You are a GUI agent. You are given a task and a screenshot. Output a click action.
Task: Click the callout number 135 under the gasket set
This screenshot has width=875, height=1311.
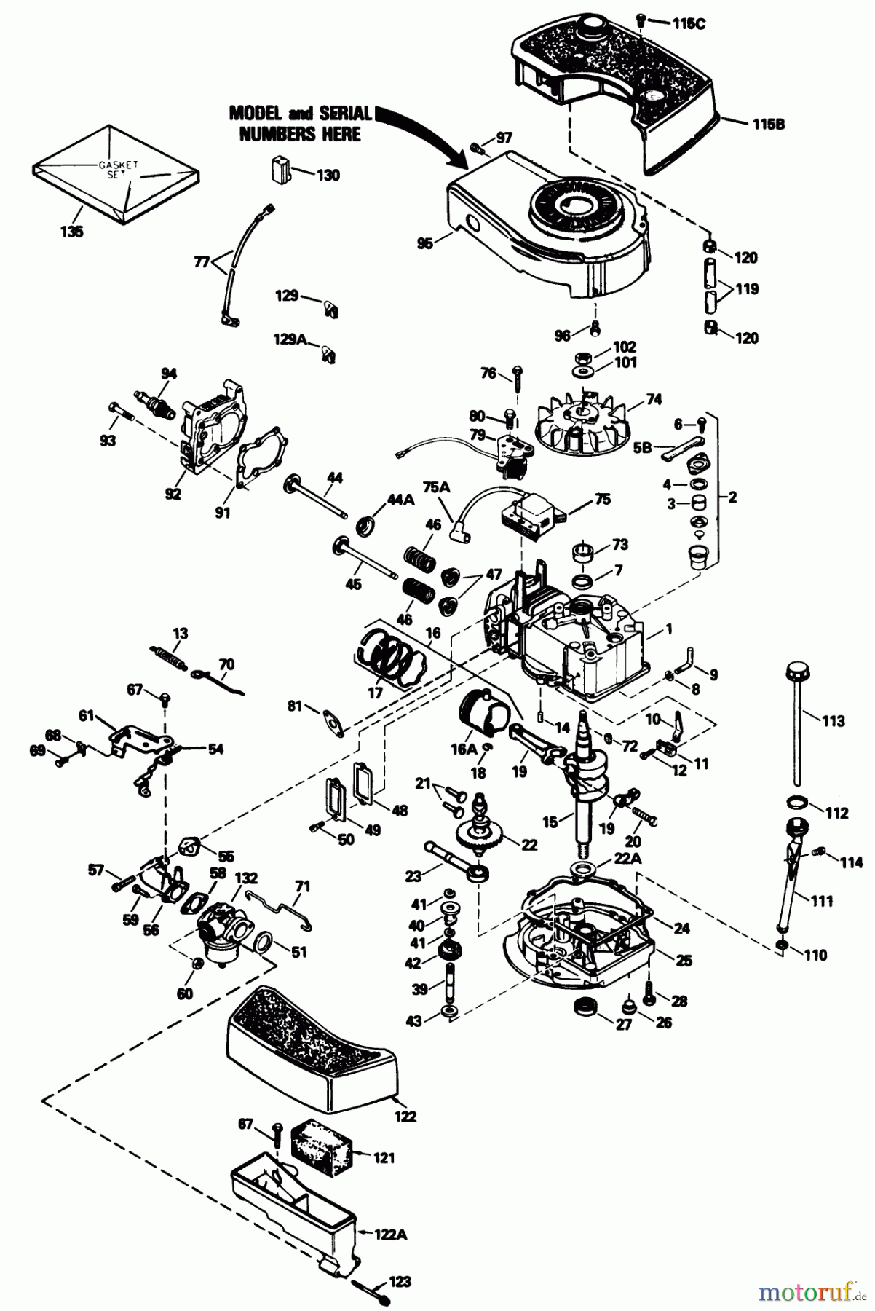click(x=72, y=232)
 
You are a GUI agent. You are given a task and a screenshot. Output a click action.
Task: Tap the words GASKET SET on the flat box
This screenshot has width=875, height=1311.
click(x=114, y=171)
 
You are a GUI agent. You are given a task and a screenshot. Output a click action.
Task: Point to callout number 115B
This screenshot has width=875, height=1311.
click(x=769, y=124)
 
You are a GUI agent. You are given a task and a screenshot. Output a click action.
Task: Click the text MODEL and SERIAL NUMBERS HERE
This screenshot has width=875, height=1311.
click(x=300, y=124)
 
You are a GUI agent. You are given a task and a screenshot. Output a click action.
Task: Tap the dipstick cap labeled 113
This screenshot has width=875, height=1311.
click(x=797, y=670)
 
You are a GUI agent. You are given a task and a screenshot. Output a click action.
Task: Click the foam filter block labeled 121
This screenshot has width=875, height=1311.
click(x=321, y=1154)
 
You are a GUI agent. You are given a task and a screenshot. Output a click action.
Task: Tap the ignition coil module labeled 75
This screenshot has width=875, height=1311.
click(x=530, y=513)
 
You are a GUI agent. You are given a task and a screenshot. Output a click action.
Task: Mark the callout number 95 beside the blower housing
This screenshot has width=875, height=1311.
click(x=424, y=243)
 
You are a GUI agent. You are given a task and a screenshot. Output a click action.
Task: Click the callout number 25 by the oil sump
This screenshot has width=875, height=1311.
click(x=684, y=960)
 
